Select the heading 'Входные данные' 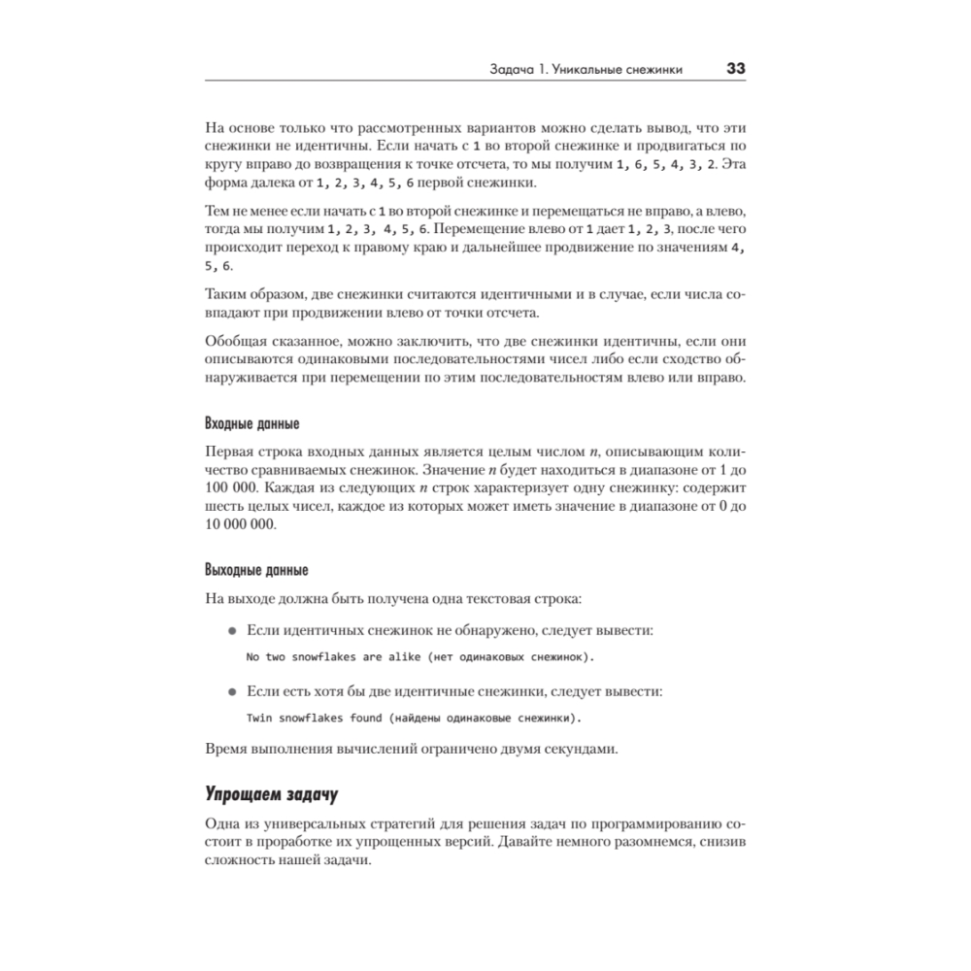252,424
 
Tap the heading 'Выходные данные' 256,570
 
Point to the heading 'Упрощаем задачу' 271,795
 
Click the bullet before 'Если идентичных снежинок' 231,631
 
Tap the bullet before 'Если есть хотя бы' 231,692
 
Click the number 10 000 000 241,524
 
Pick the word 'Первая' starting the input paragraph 230,452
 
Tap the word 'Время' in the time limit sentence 227,750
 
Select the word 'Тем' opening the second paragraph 218,212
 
